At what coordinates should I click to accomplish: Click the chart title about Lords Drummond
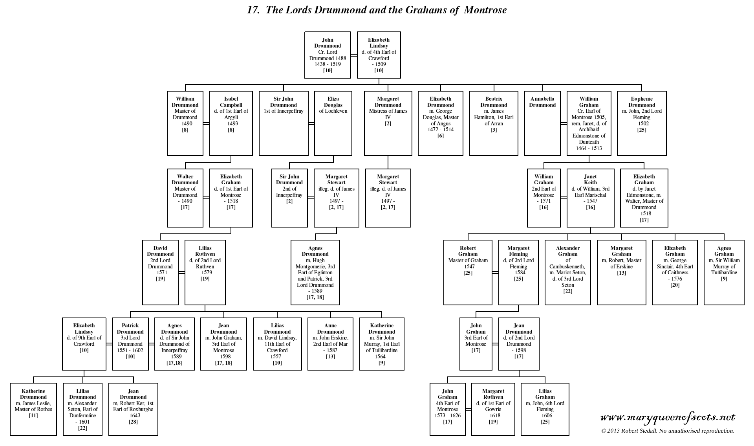pyautogui.click(x=377, y=10)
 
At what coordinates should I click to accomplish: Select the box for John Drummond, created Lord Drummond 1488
pyautogui.click(x=328, y=55)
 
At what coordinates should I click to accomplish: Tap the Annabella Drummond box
pyautogui.click(x=542, y=123)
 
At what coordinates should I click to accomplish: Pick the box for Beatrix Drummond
pyautogui.click(x=494, y=123)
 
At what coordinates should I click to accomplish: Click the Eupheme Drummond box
pyautogui.click(x=642, y=123)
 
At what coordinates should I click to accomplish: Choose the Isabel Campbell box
pyautogui.click(x=231, y=123)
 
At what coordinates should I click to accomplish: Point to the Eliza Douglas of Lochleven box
pyautogui.click(x=333, y=123)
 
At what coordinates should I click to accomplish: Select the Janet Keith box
pyautogui.click(x=590, y=198)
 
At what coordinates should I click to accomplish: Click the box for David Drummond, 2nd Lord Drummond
pyautogui.click(x=160, y=272)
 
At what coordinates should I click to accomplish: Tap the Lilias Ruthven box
pyautogui.click(x=205, y=272)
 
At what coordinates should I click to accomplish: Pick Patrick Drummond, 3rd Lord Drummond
pyautogui.click(x=130, y=343)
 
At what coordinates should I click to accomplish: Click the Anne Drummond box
pyautogui.click(x=330, y=343)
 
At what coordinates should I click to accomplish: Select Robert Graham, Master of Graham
pyautogui.click(x=468, y=272)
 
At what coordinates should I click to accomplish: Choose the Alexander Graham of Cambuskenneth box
pyautogui.click(x=567, y=272)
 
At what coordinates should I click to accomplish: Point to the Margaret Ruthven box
pyautogui.click(x=493, y=409)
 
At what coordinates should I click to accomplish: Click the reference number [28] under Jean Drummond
pyautogui.click(x=133, y=422)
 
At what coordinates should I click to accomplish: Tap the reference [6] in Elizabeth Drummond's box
pyautogui.click(x=441, y=136)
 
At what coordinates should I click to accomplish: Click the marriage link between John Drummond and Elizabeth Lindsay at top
pyautogui.click(x=354, y=55)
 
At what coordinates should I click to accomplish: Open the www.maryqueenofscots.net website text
pyautogui.click(x=668, y=417)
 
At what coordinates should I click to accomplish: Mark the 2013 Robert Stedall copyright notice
pyautogui.click(x=668, y=431)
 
